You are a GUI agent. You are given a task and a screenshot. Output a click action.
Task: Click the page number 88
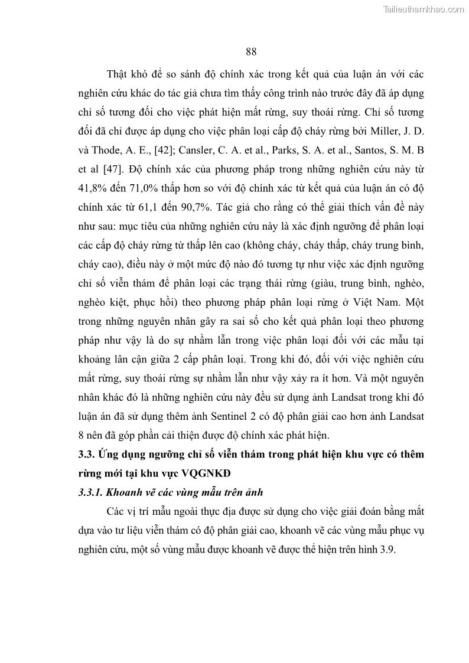click(x=250, y=51)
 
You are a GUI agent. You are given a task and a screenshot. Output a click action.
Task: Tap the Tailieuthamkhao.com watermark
click(x=424, y=9)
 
